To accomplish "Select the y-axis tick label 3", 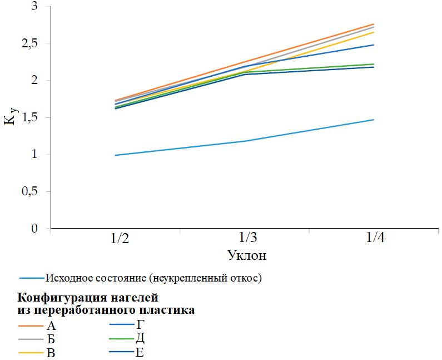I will pyautogui.click(x=37, y=7).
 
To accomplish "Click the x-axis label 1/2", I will pyautogui.click(x=120, y=239).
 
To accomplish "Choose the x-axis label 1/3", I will pyautogui.click(x=247, y=239).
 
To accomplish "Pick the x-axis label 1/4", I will pyautogui.click(x=375, y=239).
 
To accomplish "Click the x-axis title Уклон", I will pyautogui.click(x=247, y=256).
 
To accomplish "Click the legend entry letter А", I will pyautogui.click(x=52, y=326).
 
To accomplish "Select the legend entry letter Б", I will pyautogui.click(x=52, y=339).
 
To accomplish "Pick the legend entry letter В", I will pyautogui.click(x=52, y=353).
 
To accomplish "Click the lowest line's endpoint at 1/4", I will pyautogui.click(x=374, y=120).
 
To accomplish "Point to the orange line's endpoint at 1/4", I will pyautogui.click(x=374, y=24).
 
